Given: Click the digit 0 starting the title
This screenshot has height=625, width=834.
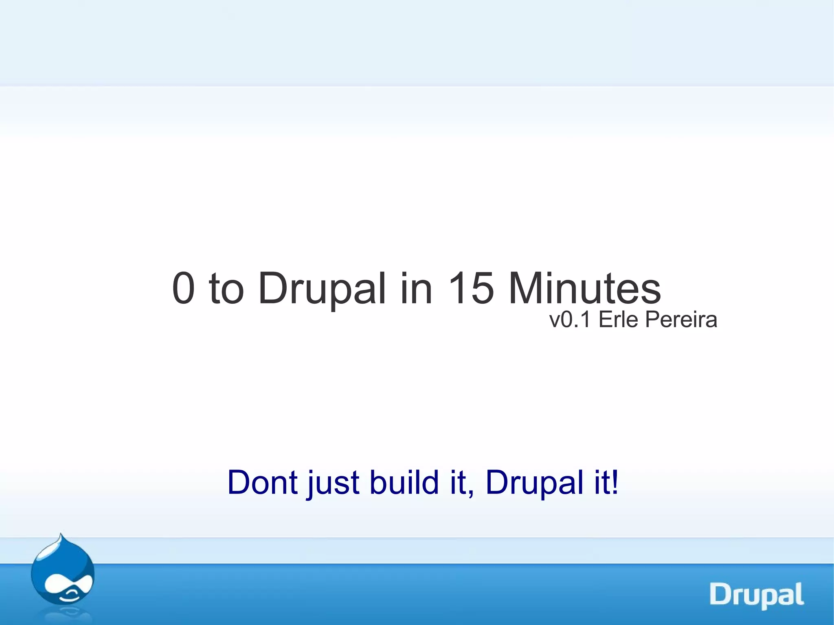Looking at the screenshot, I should point(184,288).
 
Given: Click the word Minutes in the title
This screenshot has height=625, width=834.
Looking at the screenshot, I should point(584,288).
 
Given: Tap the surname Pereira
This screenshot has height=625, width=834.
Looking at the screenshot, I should point(681,320).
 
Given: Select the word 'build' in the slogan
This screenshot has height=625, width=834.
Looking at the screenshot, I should point(404,482).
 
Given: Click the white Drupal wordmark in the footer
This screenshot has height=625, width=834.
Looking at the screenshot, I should point(757,595).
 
